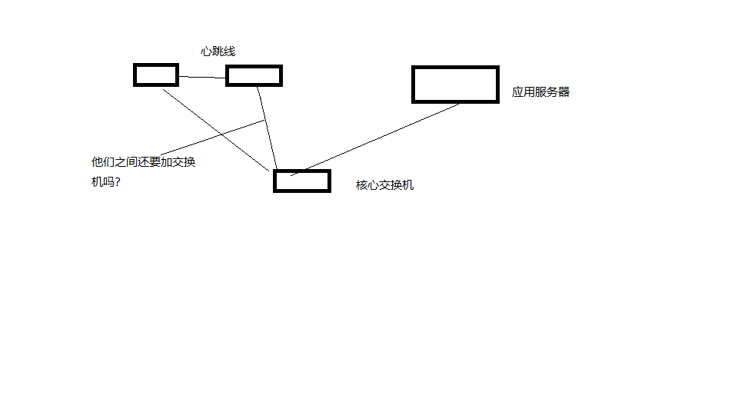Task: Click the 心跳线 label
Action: point(218,51)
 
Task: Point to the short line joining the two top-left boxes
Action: point(202,77)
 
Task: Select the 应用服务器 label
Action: point(540,91)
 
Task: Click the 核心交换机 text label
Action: point(385,185)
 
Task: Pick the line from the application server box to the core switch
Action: point(374,140)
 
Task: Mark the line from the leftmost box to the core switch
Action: point(216,131)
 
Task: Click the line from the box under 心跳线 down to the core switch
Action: point(267,128)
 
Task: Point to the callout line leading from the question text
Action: point(213,138)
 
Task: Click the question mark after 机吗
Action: point(118,181)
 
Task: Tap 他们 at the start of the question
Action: point(102,162)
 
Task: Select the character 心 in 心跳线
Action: point(206,51)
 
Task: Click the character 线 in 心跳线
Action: point(230,51)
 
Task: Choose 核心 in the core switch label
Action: point(367,185)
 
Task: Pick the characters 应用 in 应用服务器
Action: point(524,91)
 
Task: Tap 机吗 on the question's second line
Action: point(102,181)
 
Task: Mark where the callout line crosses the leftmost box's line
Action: point(221,134)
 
